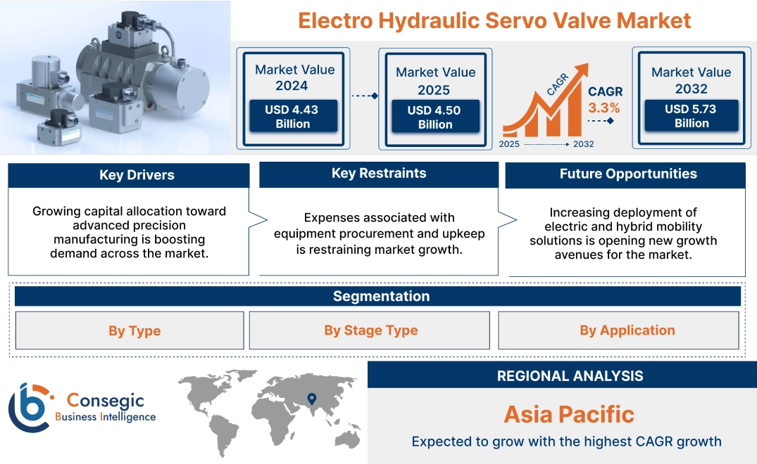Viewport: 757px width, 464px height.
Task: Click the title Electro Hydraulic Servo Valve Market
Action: click(494, 20)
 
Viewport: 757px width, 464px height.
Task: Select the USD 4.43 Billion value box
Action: click(292, 116)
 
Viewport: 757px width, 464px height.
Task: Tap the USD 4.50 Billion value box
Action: click(435, 117)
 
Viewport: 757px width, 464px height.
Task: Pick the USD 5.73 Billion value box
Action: click(692, 115)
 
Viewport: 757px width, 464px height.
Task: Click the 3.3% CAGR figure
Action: click(604, 108)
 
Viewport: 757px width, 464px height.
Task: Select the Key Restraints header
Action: click(379, 174)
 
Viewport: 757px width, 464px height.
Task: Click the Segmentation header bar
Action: click(381, 296)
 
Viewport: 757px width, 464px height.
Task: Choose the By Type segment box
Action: click(134, 330)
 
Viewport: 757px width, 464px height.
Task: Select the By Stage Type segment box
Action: click(370, 330)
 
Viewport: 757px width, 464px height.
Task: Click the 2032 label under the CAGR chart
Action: click(582, 144)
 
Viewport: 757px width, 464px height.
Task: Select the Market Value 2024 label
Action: click(294, 77)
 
